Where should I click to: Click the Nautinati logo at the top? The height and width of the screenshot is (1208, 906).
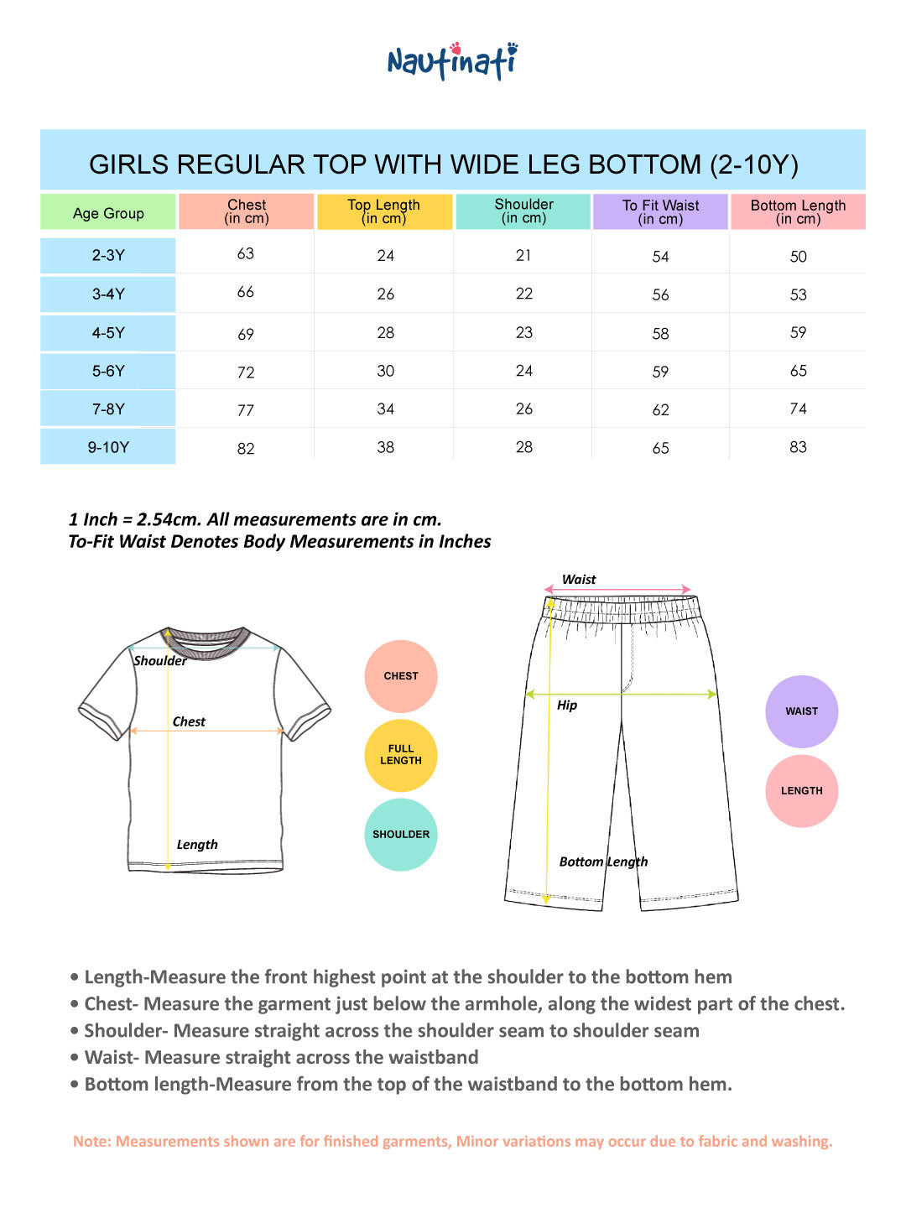tap(452, 61)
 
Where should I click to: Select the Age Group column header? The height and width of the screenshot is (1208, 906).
tap(108, 213)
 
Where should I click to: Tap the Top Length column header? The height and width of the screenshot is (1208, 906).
tap(384, 211)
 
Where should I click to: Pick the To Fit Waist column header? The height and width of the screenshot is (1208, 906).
tap(660, 211)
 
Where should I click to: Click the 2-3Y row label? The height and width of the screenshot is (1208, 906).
tap(108, 255)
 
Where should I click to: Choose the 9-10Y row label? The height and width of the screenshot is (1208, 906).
tap(108, 447)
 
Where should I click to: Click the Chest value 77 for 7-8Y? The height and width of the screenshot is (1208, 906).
tap(246, 410)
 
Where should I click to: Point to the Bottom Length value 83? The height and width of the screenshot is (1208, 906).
tap(798, 447)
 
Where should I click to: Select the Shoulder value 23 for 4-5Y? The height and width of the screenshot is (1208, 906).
tap(524, 332)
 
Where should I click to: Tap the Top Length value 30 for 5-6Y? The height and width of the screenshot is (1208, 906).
tap(385, 371)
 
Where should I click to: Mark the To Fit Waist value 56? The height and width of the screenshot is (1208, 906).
tap(660, 294)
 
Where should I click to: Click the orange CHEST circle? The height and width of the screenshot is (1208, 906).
tap(401, 676)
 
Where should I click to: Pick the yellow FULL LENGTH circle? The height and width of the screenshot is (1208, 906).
tap(401, 755)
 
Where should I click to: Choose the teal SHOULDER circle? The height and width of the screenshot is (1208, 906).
tap(401, 835)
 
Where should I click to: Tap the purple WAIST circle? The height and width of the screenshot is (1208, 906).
tap(801, 711)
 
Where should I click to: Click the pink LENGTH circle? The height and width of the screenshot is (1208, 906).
tap(801, 791)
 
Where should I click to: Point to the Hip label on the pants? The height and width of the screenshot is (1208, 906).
tap(567, 706)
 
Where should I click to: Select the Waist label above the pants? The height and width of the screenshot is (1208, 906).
tap(579, 580)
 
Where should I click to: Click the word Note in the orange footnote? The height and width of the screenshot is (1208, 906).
tap(91, 1142)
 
